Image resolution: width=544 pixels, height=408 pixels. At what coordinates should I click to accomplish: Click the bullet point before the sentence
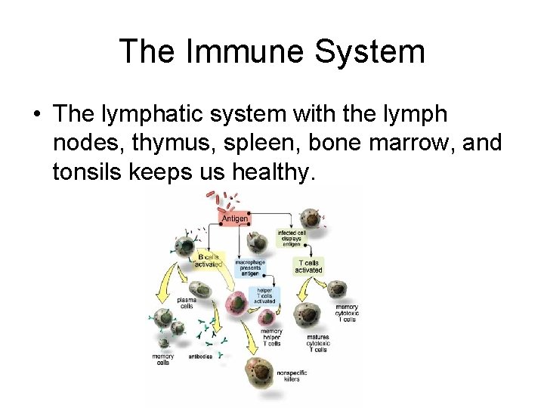[x=36, y=116]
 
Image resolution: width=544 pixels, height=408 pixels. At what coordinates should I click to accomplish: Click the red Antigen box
[x=234, y=218]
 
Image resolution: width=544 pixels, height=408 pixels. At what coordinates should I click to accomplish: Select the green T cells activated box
[x=308, y=266]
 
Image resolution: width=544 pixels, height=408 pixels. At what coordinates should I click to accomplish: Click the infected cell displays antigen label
[x=291, y=239]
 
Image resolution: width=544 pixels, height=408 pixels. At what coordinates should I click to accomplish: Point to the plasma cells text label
[x=186, y=303]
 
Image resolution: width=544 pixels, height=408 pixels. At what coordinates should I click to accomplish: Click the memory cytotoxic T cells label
[x=345, y=314]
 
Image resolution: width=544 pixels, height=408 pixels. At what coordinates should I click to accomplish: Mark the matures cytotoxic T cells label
[x=318, y=344]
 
